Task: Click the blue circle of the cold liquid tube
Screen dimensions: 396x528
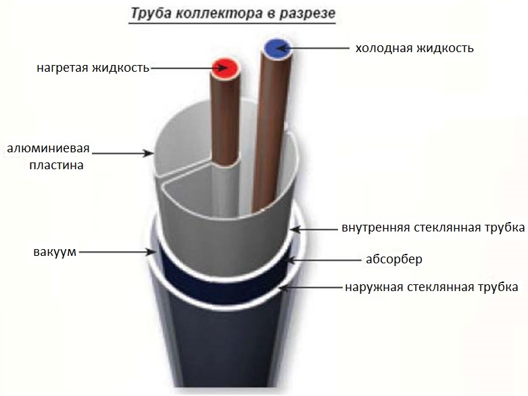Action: pyautogui.click(x=277, y=47)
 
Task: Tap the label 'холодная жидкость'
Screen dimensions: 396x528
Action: pyautogui.click(x=414, y=48)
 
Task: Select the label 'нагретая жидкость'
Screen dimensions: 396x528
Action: pyautogui.click(x=92, y=68)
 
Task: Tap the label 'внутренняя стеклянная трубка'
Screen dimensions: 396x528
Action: pyautogui.click(x=433, y=228)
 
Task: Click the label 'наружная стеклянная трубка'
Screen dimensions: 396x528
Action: pyautogui.click(x=431, y=287)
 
